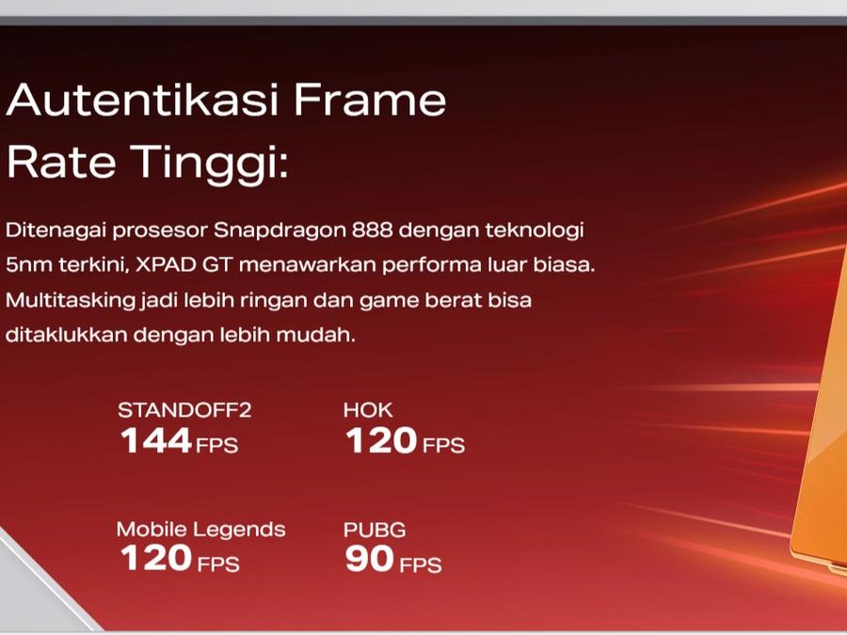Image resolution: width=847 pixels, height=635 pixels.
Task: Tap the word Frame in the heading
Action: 370,100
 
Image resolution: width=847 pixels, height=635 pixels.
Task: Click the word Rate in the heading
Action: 61,162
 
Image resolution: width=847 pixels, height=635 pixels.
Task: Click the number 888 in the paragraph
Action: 372,230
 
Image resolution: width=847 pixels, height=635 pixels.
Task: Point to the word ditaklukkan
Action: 66,335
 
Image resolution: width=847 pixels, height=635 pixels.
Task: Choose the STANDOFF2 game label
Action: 184,410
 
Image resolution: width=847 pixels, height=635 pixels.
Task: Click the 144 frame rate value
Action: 156,440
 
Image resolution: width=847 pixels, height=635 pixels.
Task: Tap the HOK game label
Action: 368,410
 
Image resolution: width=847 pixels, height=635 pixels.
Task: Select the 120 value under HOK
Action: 381,440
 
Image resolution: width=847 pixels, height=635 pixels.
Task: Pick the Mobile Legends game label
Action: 201,530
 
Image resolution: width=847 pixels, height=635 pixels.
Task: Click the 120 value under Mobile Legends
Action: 156,558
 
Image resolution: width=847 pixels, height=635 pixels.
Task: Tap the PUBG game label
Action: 375,531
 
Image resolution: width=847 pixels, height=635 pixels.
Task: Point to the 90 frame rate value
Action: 370,558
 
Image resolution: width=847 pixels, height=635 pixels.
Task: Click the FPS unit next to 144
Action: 216,446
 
